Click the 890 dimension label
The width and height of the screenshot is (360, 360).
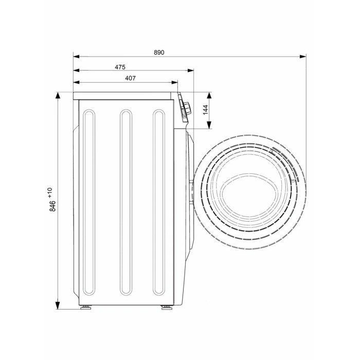tap(159, 52)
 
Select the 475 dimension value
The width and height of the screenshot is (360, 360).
tap(120, 67)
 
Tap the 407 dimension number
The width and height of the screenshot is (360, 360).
tap(130, 78)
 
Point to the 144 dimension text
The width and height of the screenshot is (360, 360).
tap(205, 110)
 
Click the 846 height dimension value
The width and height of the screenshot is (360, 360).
tap(52, 206)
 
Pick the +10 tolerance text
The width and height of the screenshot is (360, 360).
tap(50, 192)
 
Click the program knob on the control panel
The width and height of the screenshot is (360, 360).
tap(187, 106)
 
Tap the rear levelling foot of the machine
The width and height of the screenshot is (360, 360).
tap(86, 307)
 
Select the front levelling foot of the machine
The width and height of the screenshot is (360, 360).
tap(167, 307)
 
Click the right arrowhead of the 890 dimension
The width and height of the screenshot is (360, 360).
tap(303, 57)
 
